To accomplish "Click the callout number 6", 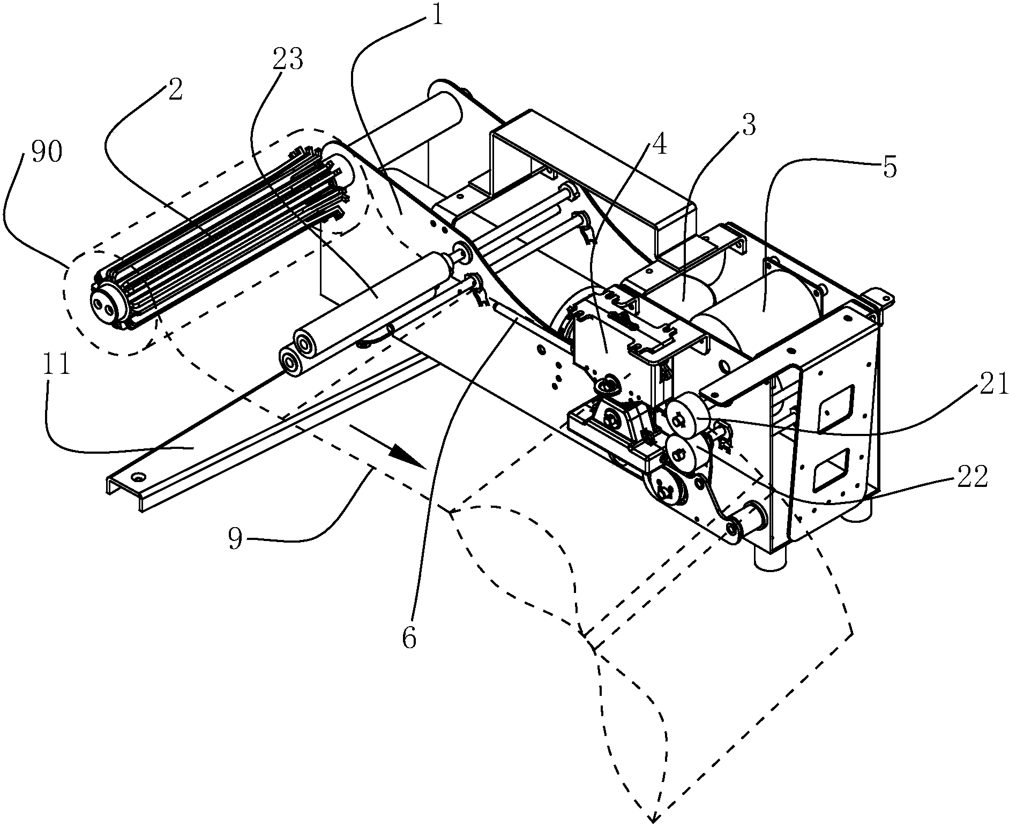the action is coord(409,639).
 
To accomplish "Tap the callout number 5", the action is coord(889,168).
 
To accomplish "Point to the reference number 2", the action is coord(175,90).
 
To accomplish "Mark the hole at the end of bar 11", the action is coord(140,476).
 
